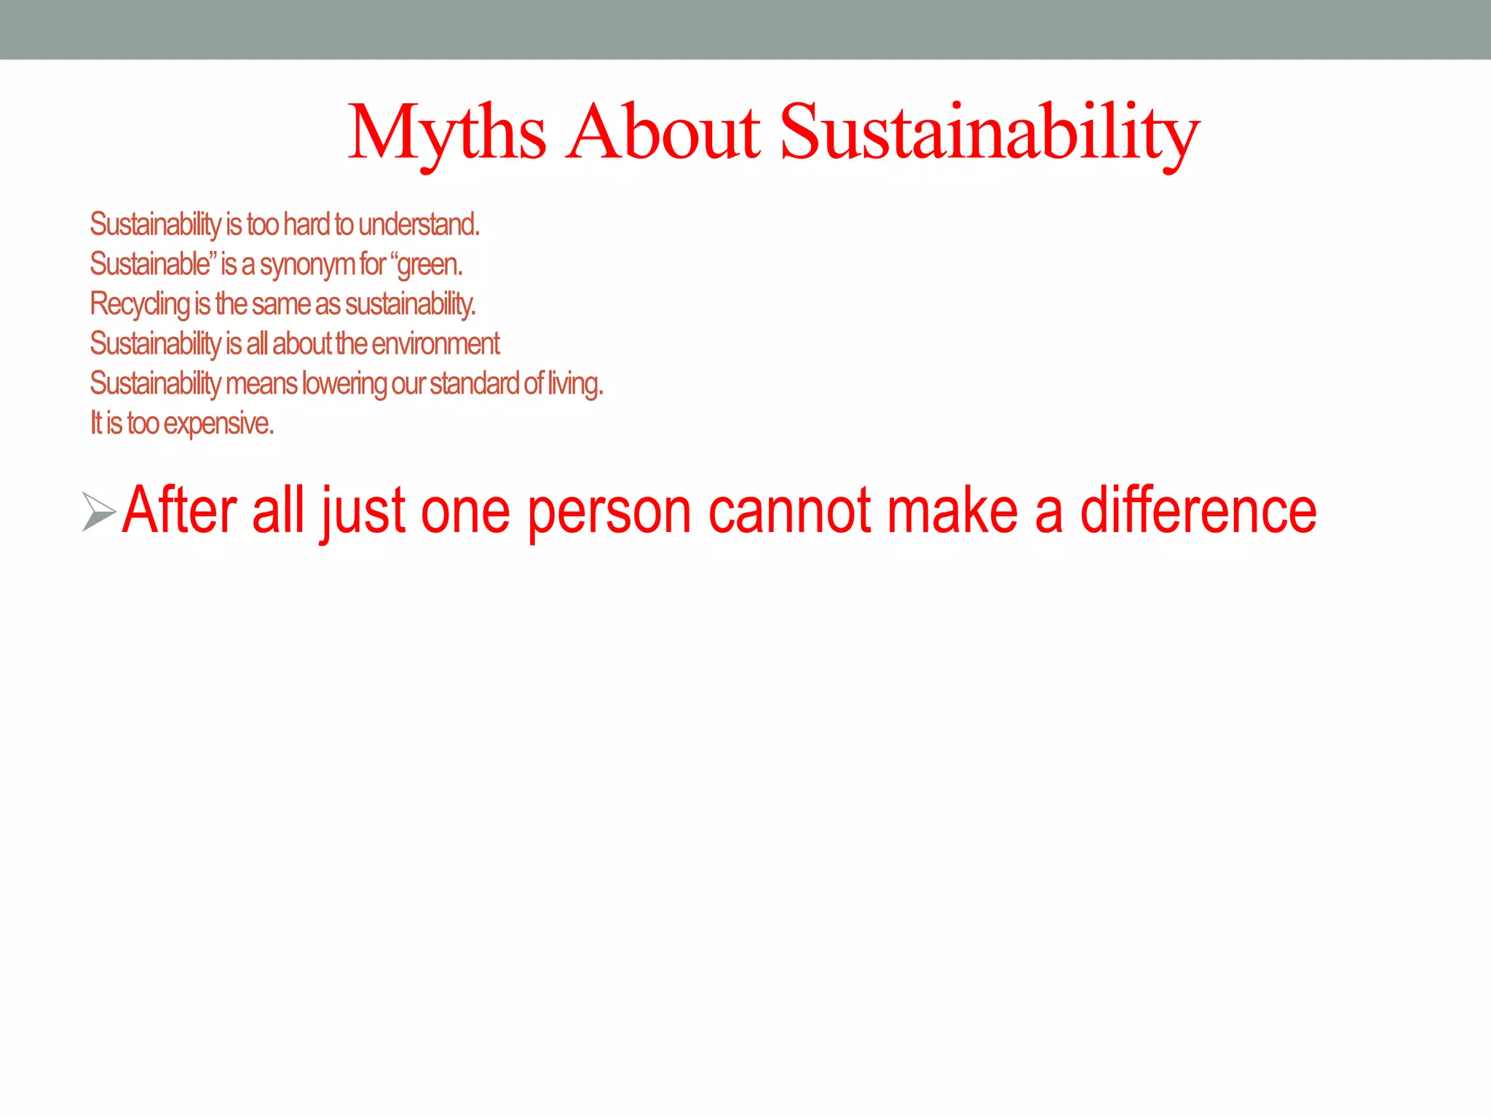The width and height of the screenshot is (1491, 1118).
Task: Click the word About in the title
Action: click(x=663, y=132)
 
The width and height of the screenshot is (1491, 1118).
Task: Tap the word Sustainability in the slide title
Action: click(x=989, y=132)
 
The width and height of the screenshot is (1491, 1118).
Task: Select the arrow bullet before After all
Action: click(x=98, y=512)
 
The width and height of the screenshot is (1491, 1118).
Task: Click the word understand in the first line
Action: click(x=418, y=225)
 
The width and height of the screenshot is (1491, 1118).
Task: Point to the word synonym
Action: click(x=306, y=265)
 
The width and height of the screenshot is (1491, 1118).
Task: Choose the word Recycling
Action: click(x=139, y=304)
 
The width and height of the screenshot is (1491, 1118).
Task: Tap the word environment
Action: click(x=435, y=344)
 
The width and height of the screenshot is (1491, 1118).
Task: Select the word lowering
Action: click(x=344, y=384)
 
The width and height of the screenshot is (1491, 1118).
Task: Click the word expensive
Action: click(x=218, y=424)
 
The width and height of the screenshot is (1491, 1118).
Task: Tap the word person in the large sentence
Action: click(x=609, y=512)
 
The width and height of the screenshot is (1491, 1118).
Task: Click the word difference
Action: click(x=1198, y=512)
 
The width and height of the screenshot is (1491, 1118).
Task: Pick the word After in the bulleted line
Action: click(x=179, y=512)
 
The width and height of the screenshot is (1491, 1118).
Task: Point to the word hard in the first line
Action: click(x=306, y=225)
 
